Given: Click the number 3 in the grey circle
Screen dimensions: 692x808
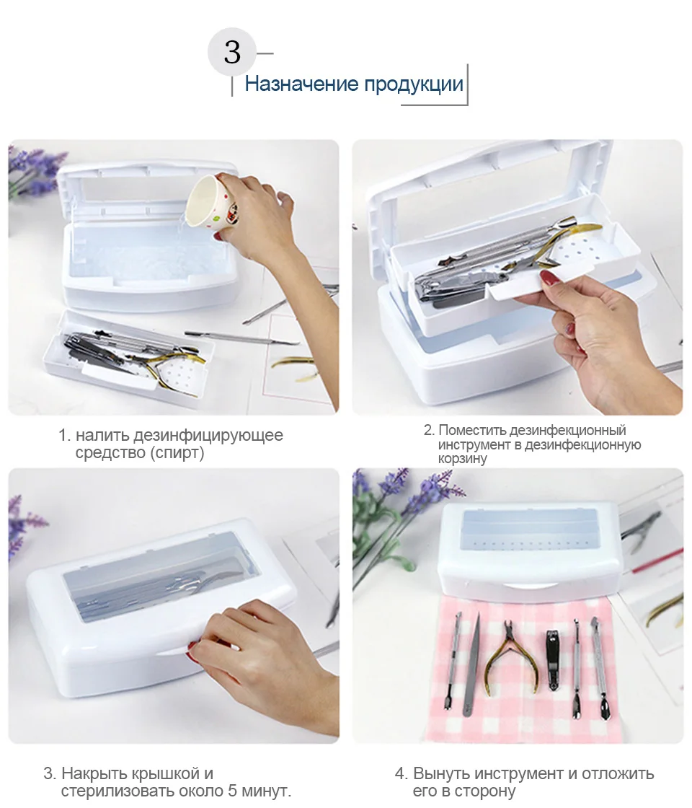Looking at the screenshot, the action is point(232,52).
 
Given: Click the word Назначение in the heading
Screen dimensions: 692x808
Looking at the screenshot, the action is point(301,84).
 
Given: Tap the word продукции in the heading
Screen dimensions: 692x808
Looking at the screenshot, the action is point(414,84).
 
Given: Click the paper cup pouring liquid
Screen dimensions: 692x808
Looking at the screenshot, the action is point(212,201).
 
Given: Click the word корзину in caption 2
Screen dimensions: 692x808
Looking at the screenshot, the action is point(462,459).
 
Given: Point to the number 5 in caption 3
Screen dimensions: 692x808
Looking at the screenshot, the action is point(234,791).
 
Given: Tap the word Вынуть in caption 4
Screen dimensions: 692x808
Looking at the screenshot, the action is point(441,773).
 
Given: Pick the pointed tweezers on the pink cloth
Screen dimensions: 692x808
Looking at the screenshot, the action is point(471,664).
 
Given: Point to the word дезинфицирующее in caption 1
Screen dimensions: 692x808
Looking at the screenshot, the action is point(208,436).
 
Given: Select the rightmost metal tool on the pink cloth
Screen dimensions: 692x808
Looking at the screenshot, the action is point(599,668).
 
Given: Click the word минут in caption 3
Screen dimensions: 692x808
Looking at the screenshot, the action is point(267,791).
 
